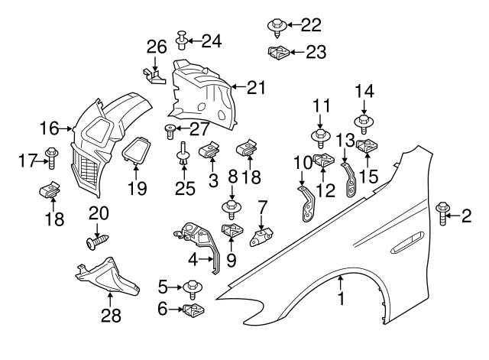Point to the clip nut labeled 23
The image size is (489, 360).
tap(277, 53)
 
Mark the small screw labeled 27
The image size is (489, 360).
tap(170, 131)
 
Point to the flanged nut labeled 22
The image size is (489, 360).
tap(276, 27)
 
